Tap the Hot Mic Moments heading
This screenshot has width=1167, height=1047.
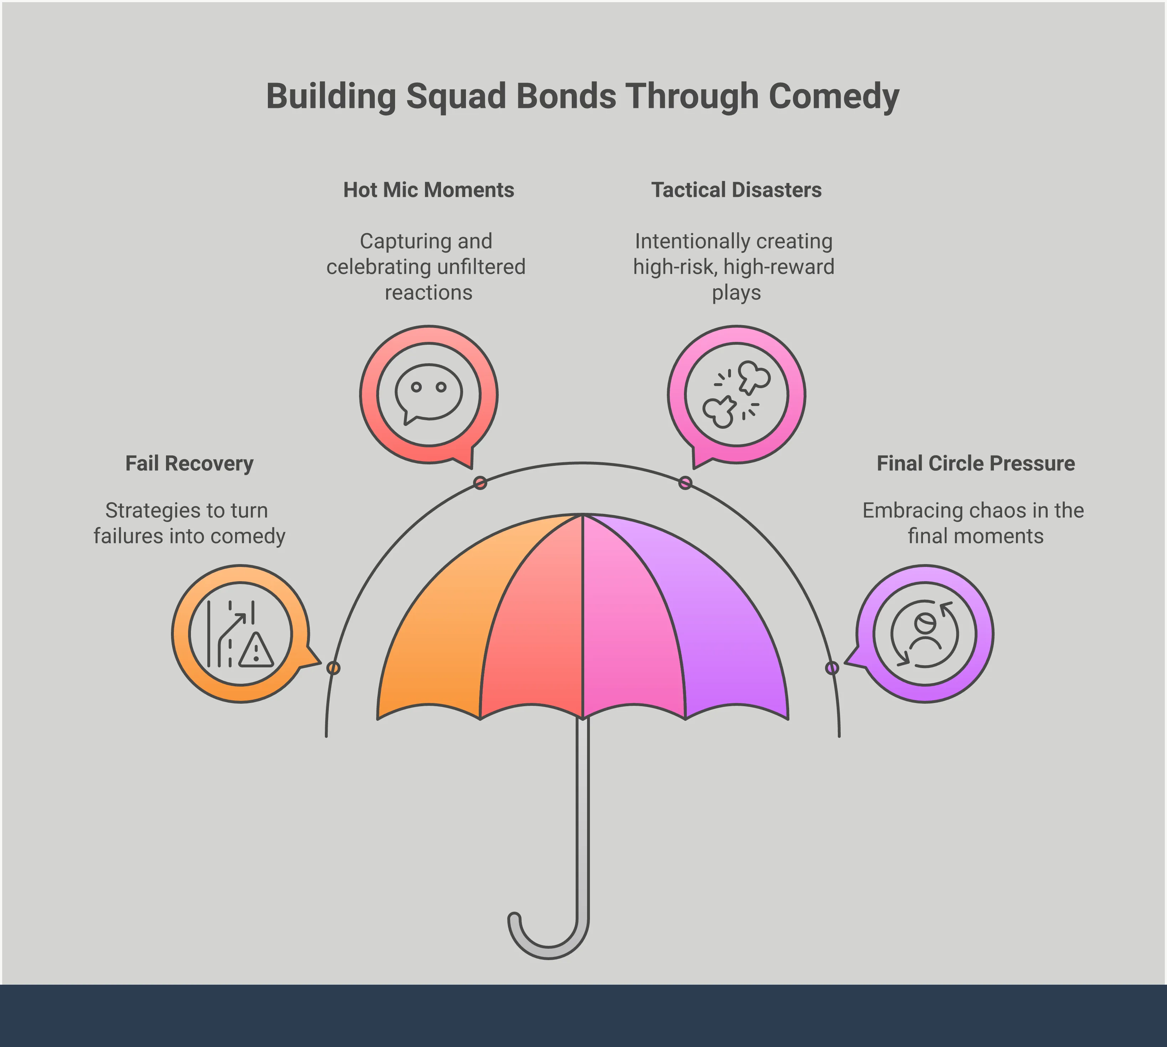(x=429, y=190)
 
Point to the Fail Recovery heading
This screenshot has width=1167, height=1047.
(x=189, y=463)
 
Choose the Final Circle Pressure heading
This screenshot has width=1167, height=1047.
(x=975, y=463)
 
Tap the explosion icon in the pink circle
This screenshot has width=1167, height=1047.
(x=737, y=394)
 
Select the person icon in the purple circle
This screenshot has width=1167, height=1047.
(x=925, y=633)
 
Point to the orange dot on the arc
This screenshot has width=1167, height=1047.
(x=333, y=668)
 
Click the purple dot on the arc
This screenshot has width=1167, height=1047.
(x=832, y=668)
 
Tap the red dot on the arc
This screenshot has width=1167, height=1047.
(x=480, y=483)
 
